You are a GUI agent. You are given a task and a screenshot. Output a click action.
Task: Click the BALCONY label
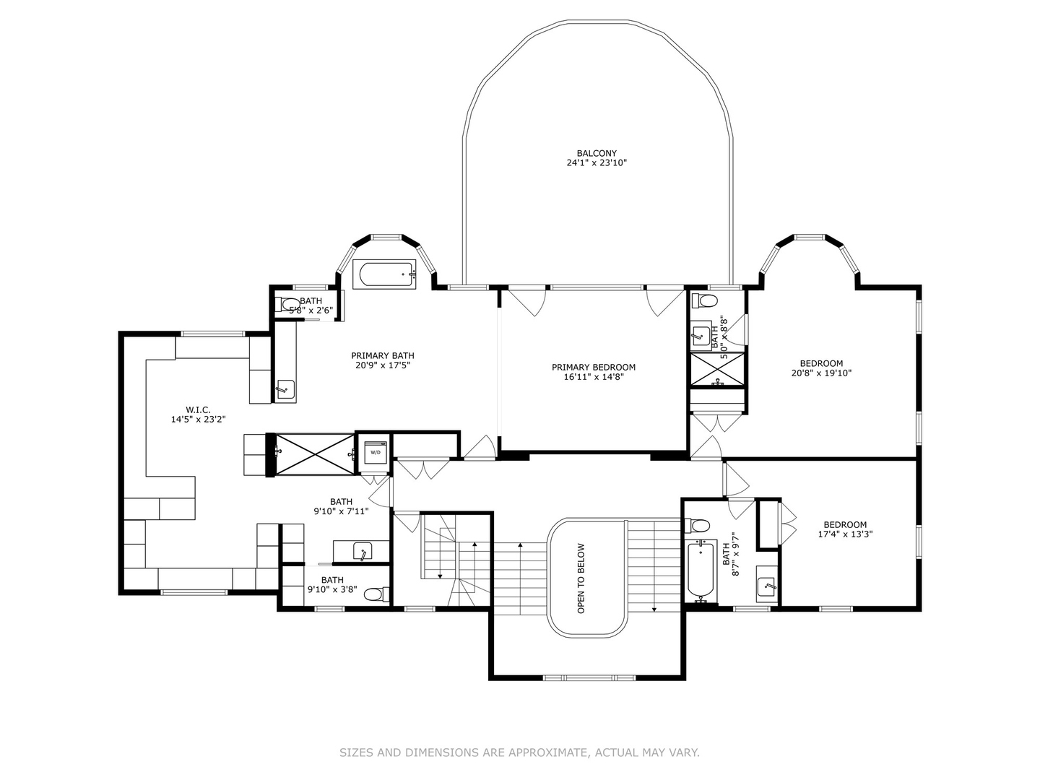coord(597,153)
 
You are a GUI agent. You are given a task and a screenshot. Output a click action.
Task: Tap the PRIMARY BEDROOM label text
coord(594,367)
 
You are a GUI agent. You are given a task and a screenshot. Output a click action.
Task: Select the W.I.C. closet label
coord(198,409)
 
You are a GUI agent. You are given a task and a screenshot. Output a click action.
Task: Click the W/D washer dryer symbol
coord(376,452)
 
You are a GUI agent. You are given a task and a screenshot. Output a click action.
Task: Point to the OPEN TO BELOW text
coord(581,578)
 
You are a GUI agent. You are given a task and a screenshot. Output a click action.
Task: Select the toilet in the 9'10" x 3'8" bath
coord(378,594)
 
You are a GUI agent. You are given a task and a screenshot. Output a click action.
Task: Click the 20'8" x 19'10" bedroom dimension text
coord(821,373)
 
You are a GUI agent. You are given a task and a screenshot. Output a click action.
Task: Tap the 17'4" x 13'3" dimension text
coord(845,534)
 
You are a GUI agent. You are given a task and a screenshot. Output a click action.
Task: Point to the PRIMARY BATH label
coord(382,355)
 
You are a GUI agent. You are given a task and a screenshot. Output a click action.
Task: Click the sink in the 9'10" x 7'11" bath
coord(363,551)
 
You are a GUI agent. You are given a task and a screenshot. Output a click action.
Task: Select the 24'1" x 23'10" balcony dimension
coord(597,163)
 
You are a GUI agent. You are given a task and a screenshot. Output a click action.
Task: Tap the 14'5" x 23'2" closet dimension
coord(198,419)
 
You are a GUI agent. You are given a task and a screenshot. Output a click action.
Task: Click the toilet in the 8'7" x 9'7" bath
coord(697,525)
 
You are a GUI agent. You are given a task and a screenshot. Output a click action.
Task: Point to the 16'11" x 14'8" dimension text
coord(594,377)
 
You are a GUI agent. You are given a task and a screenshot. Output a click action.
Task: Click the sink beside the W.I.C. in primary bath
coord(285,389)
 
